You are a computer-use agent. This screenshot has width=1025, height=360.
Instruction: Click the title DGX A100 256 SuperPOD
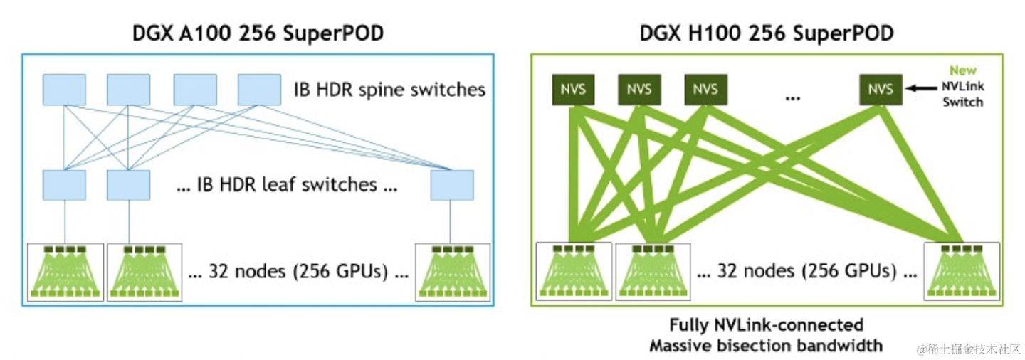pyautogui.click(x=258, y=33)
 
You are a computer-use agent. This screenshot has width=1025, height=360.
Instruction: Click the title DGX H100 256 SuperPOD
pyautogui.click(x=767, y=33)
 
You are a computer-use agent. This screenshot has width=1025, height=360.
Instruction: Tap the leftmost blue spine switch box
pyautogui.click(x=64, y=90)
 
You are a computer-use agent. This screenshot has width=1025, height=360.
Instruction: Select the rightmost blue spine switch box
pyautogui.click(x=258, y=90)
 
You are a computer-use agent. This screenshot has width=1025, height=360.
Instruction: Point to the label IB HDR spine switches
pyautogui.click(x=389, y=90)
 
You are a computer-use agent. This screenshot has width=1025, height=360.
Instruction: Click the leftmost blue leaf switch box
pyautogui.click(x=64, y=185)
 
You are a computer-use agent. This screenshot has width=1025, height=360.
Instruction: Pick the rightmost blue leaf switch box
pyautogui.click(x=452, y=185)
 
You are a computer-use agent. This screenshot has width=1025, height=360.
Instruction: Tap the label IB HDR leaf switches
pyautogui.click(x=285, y=185)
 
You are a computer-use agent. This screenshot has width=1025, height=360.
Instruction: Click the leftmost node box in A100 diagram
pyautogui.click(x=65, y=272)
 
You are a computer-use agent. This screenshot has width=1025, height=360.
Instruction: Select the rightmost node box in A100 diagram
pyautogui.click(x=453, y=272)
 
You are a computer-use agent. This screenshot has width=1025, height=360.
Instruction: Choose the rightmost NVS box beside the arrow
pyautogui.click(x=881, y=90)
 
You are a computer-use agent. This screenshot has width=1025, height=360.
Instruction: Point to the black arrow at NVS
pyautogui.click(x=920, y=90)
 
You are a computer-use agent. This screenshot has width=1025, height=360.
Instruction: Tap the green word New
pyautogui.click(x=963, y=71)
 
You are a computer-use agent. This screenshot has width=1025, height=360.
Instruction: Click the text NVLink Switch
pyautogui.click(x=963, y=95)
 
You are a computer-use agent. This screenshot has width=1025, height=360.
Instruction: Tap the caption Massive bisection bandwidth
pyautogui.click(x=766, y=346)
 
